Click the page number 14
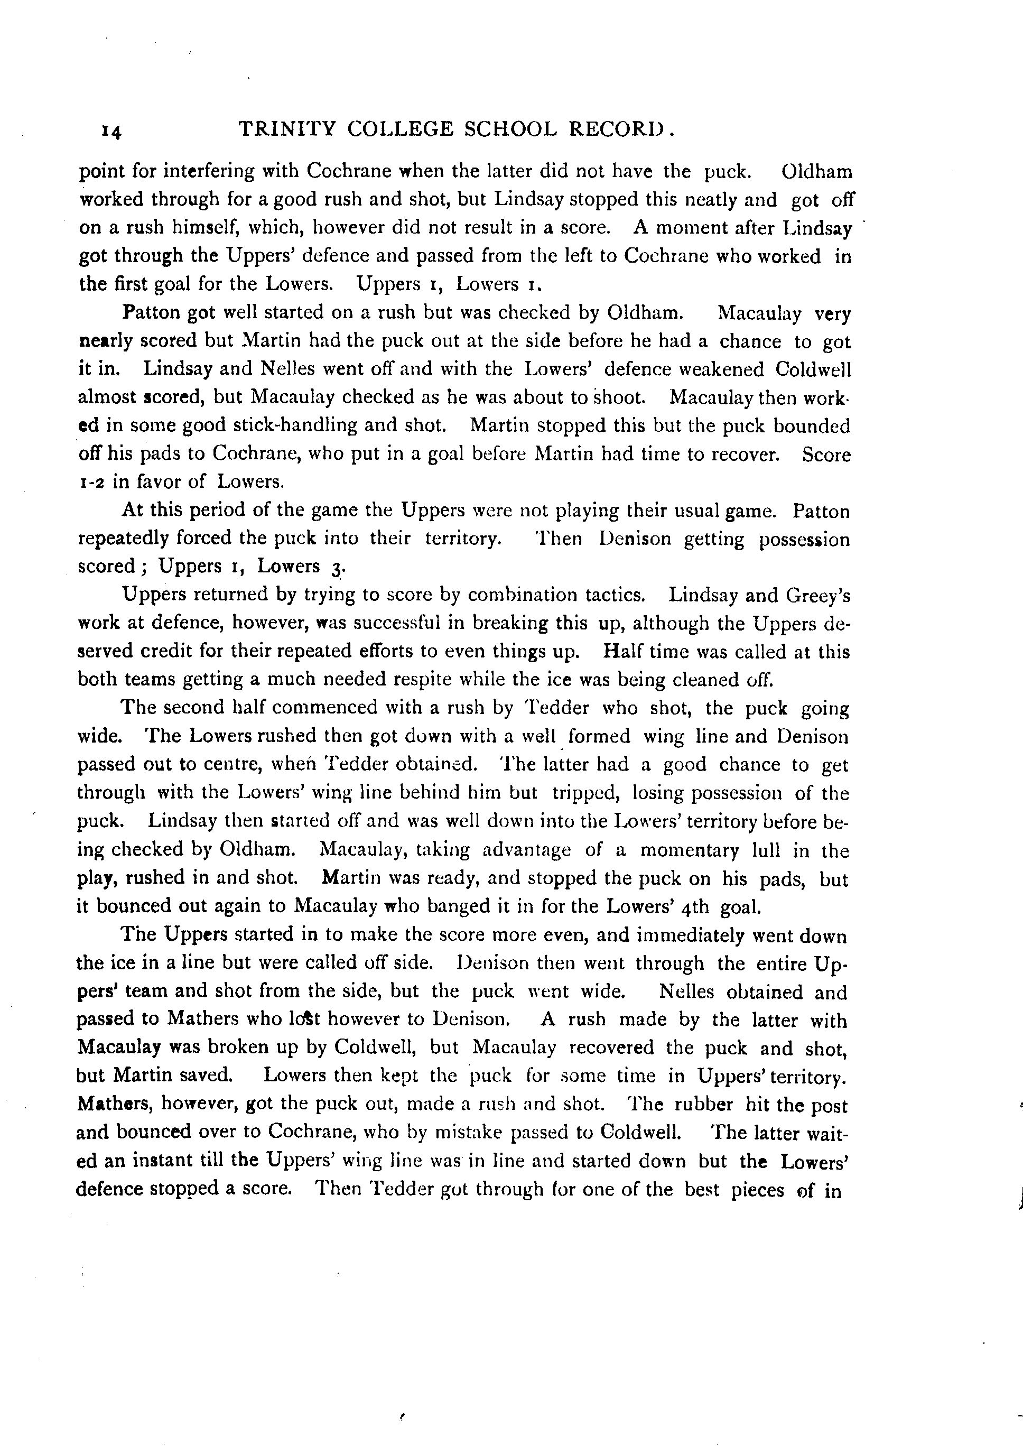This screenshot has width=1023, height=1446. click(x=111, y=131)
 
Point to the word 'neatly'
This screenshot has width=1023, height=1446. click(x=704, y=200)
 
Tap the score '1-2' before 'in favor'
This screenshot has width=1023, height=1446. click(x=91, y=482)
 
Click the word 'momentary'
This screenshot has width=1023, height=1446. click(x=689, y=850)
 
